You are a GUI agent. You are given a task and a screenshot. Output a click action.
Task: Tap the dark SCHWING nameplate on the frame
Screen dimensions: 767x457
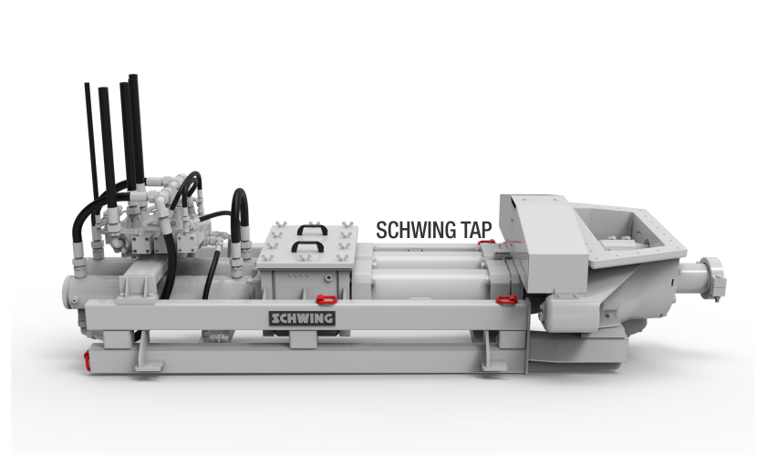click(x=302, y=318)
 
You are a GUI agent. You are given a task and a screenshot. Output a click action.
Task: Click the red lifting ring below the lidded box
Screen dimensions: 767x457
click(x=326, y=298)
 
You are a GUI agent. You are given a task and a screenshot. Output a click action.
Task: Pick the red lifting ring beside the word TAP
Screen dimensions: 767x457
click(x=485, y=241)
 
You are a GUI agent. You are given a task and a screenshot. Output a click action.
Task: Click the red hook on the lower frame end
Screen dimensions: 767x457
click(x=87, y=359)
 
